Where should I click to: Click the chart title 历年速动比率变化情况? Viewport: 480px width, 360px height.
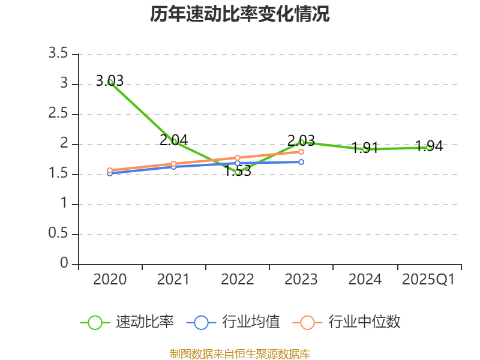click(240, 14)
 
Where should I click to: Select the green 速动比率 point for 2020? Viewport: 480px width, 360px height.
click(110, 82)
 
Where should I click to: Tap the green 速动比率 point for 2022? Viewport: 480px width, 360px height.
click(238, 172)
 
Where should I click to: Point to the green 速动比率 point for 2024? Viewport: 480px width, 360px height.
click(365, 149)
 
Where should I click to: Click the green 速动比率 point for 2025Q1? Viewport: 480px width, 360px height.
click(429, 147)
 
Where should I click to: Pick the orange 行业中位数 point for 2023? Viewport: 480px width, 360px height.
click(301, 152)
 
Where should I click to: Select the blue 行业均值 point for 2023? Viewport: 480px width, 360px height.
click(301, 162)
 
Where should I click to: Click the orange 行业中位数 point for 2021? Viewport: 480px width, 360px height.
click(174, 164)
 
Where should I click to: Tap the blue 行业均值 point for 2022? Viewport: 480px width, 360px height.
click(238, 163)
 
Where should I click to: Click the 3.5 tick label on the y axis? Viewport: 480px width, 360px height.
click(59, 54)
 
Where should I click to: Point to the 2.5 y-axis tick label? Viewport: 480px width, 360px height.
click(59, 114)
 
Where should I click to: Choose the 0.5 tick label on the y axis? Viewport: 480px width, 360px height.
click(59, 234)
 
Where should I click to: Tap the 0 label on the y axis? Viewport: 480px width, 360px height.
click(64, 264)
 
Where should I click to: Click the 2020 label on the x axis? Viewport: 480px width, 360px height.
click(110, 280)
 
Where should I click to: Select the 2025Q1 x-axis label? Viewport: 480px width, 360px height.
click(428, 280)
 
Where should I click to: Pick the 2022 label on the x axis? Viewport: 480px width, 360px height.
click(238, 280)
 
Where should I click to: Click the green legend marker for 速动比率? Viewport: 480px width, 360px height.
click(95, 322)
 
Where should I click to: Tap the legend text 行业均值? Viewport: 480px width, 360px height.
click(251, 322)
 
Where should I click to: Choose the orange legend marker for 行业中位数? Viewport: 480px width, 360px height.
click(307, 322)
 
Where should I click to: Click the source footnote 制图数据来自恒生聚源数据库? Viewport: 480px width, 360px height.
click(240, 353)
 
